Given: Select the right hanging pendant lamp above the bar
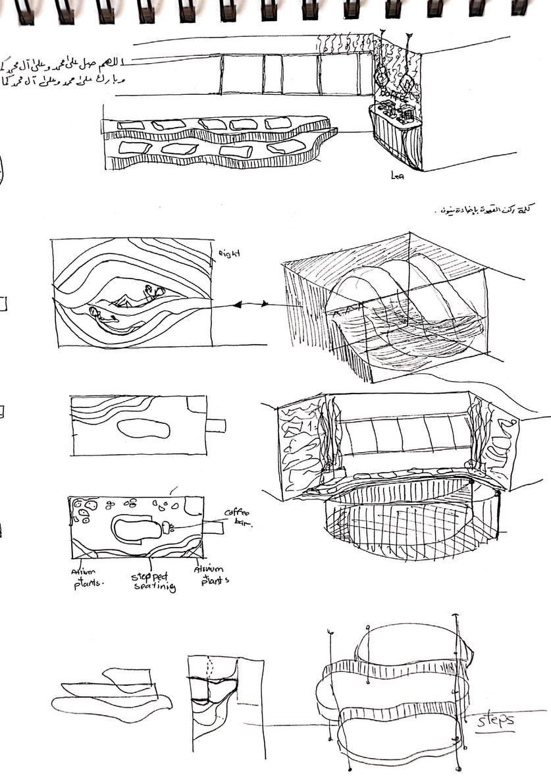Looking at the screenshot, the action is point(407,82).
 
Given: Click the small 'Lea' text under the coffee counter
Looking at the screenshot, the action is point(396,176).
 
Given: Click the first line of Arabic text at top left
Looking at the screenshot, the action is point(63,65).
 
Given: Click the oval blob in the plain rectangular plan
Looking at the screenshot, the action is point(144,429).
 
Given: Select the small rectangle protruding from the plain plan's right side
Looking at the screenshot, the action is point(216,426).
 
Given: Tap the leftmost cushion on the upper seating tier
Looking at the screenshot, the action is point(131,125).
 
